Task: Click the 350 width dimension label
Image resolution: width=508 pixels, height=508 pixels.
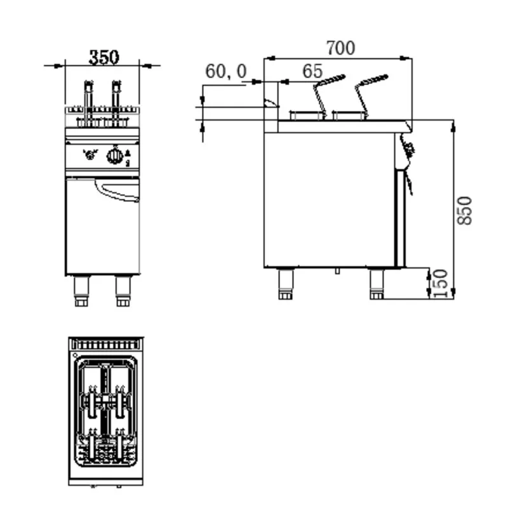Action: (x=103, y=57)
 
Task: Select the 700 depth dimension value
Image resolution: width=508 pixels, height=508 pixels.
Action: (x=340, y=48)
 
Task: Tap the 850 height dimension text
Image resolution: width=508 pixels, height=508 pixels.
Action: (x=465, y=210)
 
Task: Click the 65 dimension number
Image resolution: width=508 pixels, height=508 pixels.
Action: (x=312, y=71)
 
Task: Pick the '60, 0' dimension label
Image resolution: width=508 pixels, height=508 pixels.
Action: (x=225, y=71)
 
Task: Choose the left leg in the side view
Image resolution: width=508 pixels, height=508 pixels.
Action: (x=285, y=284)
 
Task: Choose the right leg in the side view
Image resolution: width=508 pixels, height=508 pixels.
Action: (x=377, y=284)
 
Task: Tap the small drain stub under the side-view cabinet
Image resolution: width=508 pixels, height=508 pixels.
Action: (x=338, y=272)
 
